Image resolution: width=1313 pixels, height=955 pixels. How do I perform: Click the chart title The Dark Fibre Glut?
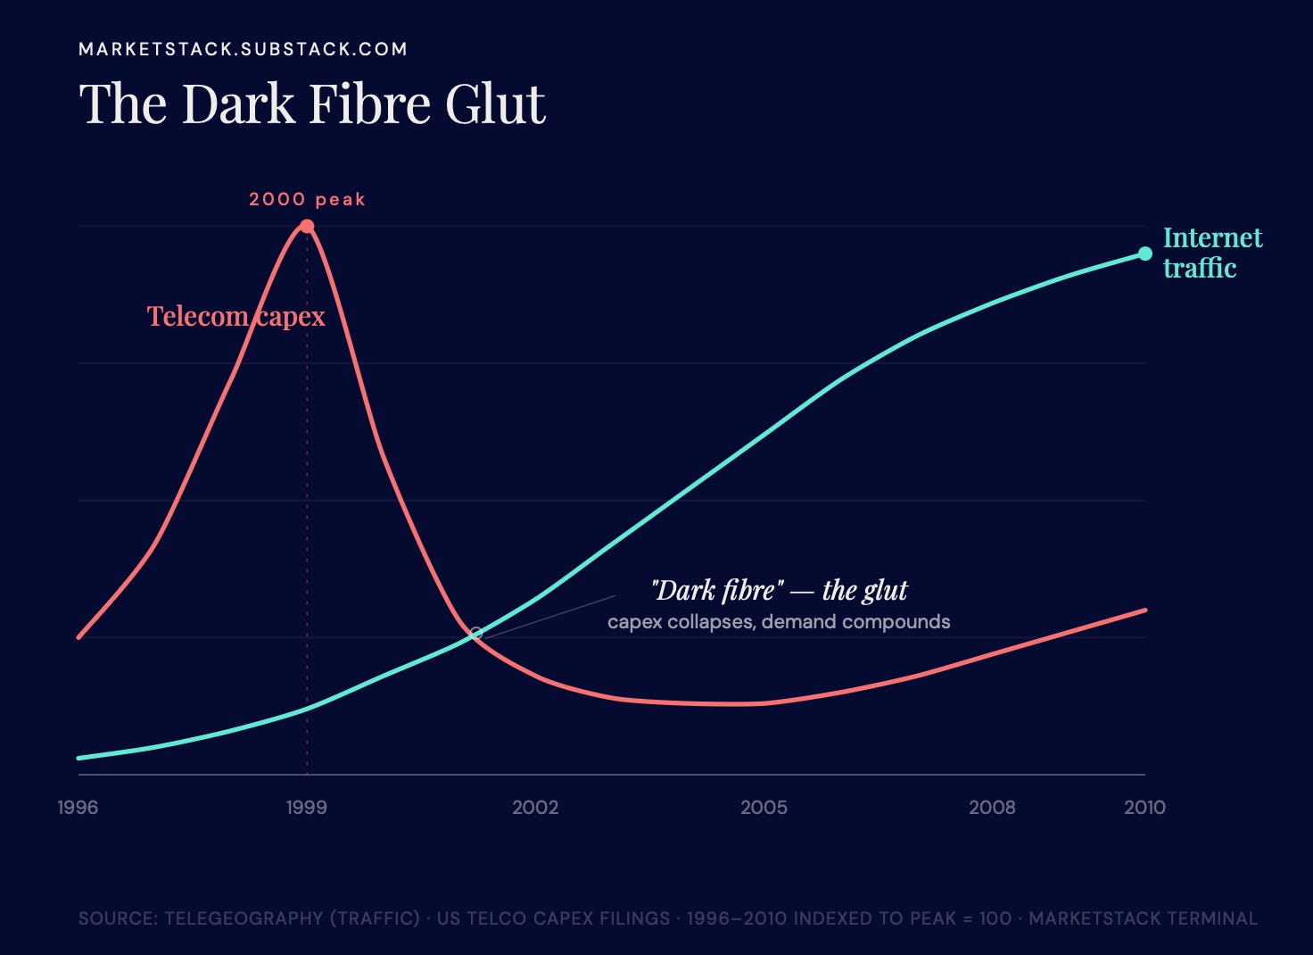(x=312, y=104)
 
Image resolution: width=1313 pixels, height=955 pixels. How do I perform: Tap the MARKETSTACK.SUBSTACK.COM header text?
(x=244, y=49)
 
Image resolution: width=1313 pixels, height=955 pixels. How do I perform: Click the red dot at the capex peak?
(x=307, y=226)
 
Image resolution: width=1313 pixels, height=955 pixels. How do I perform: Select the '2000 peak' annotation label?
(x=307, y=199)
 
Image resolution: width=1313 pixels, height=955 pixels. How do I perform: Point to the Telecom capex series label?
(x=235, y=317)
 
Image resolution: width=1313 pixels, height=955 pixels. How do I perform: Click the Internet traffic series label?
(x=1213, y=253)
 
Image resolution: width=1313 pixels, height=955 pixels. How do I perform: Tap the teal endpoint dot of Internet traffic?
(x=1144, y=253)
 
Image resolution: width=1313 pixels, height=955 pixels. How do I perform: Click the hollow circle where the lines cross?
(x=476, y=633)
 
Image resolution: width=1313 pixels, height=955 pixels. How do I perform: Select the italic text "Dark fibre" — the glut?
(x=780, y=590)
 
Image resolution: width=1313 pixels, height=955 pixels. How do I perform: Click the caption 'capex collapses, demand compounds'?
(x=779, y=622)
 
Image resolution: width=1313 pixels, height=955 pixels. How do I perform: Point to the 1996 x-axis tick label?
(x=78, y=808)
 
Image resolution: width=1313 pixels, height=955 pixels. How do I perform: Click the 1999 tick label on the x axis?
(x=307, y=808)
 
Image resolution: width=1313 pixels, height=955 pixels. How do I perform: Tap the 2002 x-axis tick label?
(x=535, y=808)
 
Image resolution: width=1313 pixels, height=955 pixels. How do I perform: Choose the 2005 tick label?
(x=764, y=808)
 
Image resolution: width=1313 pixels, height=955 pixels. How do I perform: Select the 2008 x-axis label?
(x=992, y=808)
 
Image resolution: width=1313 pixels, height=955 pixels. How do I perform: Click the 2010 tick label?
(x=1144, y=808)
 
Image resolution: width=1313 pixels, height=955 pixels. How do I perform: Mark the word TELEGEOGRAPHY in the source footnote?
(x=244, y=918)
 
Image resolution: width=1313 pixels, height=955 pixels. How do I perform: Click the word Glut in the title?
(x=496, y=104)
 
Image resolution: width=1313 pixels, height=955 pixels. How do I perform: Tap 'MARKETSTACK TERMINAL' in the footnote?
(x=1143, y=918)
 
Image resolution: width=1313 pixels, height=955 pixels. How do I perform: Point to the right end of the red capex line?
(x=1145, y=610)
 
